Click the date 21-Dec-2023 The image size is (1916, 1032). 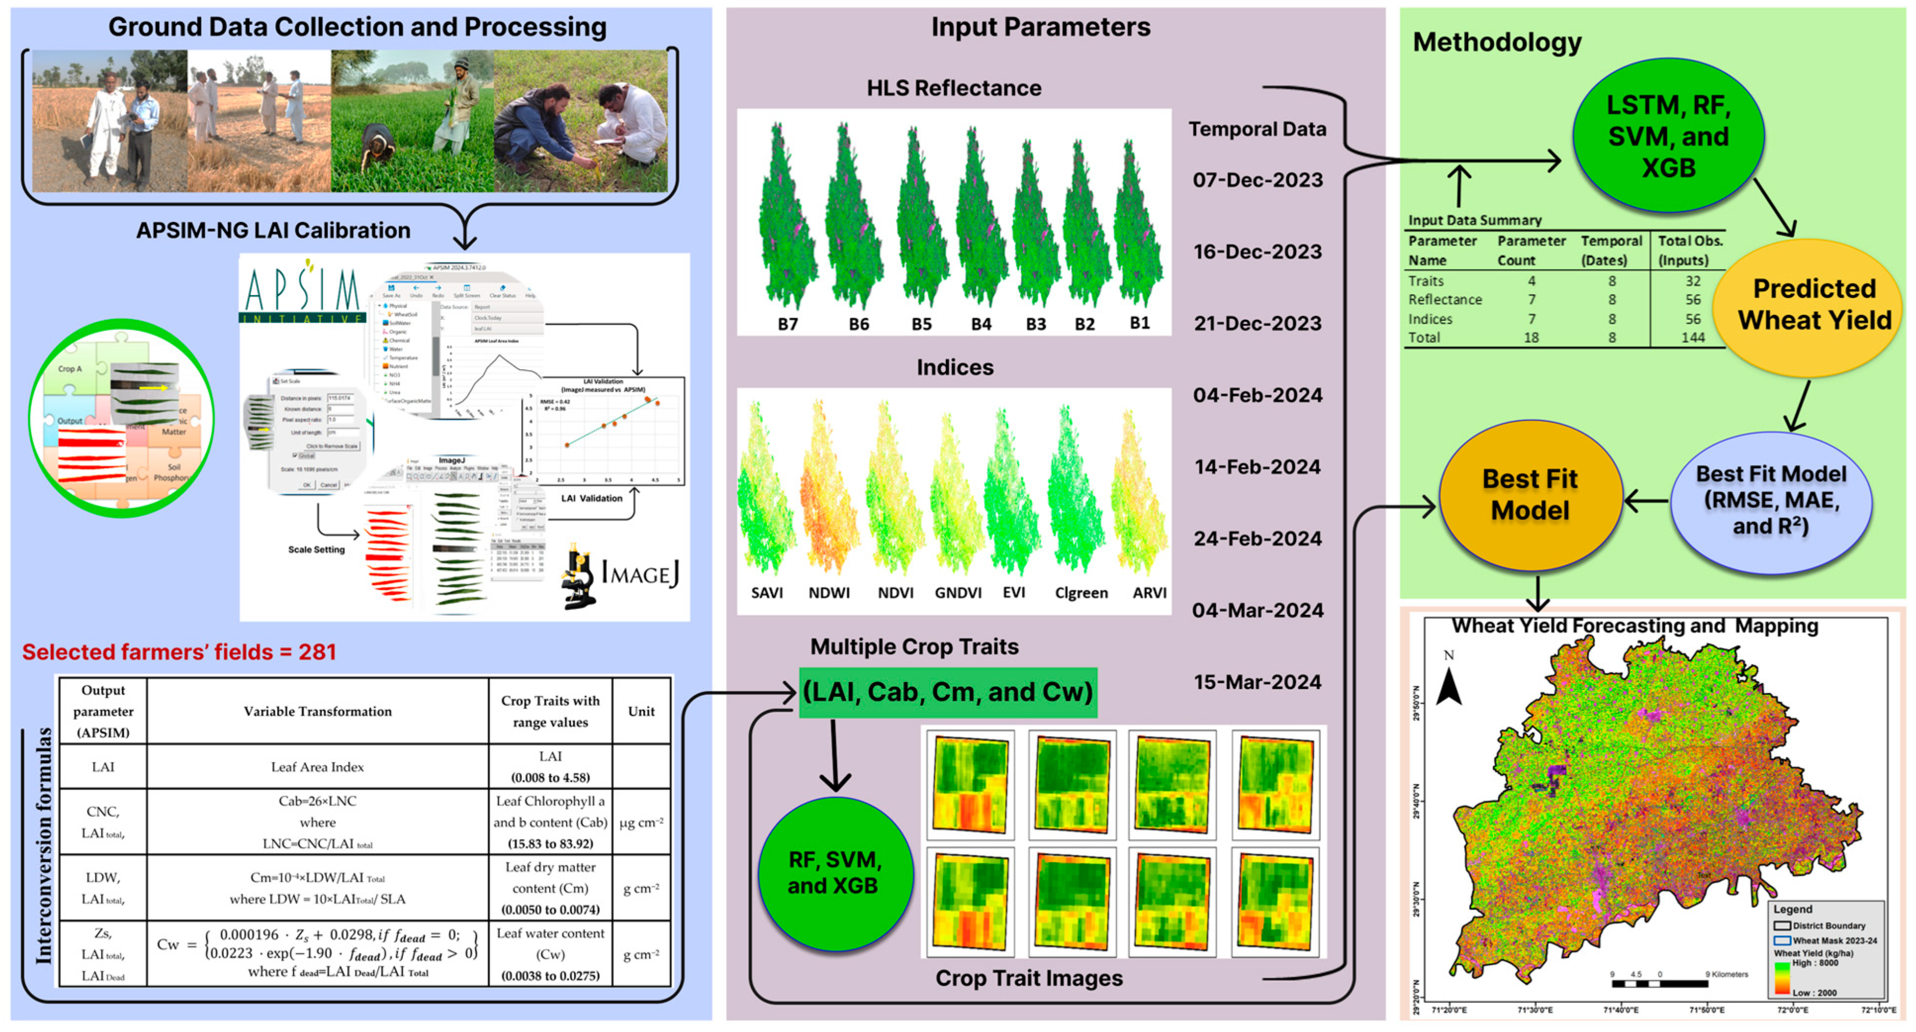point(1258,323)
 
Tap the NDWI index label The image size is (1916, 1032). point(828,593)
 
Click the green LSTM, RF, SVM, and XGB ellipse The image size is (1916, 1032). point(1668,136)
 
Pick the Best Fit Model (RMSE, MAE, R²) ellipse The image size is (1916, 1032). point(1770,500)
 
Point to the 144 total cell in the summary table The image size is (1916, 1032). point(1693,337)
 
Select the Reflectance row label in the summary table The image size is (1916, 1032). point(1444,300)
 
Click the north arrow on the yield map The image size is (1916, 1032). point(1448,680)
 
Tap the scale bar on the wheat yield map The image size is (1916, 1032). point(1659,983)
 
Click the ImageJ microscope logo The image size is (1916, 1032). point(580,576)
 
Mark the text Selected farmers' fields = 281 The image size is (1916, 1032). point(179,652)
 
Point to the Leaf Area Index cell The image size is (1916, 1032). point(318,767)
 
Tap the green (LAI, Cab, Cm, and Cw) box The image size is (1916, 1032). point(947,692)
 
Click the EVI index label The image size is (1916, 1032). point(1013,593)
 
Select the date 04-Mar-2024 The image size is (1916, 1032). point(1257,610)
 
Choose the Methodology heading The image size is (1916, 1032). point(1496,42)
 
